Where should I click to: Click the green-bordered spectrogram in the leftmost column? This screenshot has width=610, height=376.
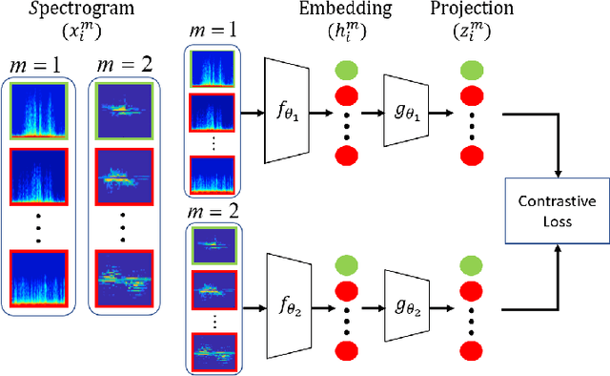coord(38,110)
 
